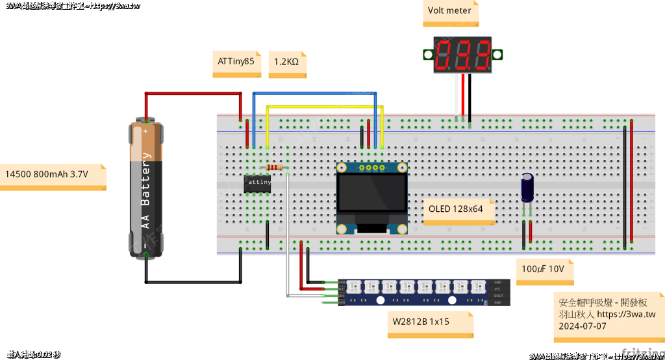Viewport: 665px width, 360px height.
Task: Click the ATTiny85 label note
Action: [x=236, y=62]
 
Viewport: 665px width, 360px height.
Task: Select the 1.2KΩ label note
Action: [x=286, y=62]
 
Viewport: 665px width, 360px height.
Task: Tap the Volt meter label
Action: [x=449, y=11]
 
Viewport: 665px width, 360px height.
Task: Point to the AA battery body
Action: [x=146, y=188]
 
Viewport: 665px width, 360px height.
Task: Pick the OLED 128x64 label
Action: [x=456, y=209]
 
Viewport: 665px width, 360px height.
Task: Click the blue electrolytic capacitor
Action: [x=529, y=187]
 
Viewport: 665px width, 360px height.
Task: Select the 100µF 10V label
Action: [x=543, y=269]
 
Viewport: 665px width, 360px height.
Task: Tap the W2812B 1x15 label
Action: [x=421, y=322]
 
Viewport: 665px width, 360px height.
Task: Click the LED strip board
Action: [x=416, y=292]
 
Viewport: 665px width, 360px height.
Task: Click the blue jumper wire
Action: [x=312, y=93]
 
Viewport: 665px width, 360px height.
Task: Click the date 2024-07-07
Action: [x=583, y=326]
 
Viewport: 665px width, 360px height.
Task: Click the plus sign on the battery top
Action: [x=145, y=130]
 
